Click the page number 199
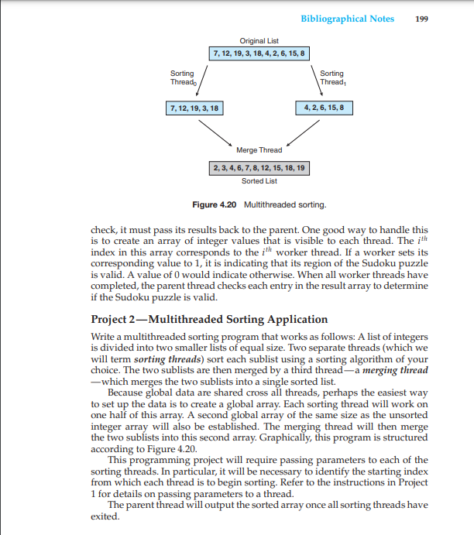(422, 19)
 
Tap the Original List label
(259, 39)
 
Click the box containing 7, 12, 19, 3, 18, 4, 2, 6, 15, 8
(259, 53)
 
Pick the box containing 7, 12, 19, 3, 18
(194, 108)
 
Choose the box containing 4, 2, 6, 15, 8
(325, 108)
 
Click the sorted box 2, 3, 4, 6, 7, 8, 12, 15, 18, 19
(259, 168)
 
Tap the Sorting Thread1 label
(331, 77)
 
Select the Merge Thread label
(259, 149)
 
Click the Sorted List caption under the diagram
(259, 181)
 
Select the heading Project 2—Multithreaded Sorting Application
(209, 319)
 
